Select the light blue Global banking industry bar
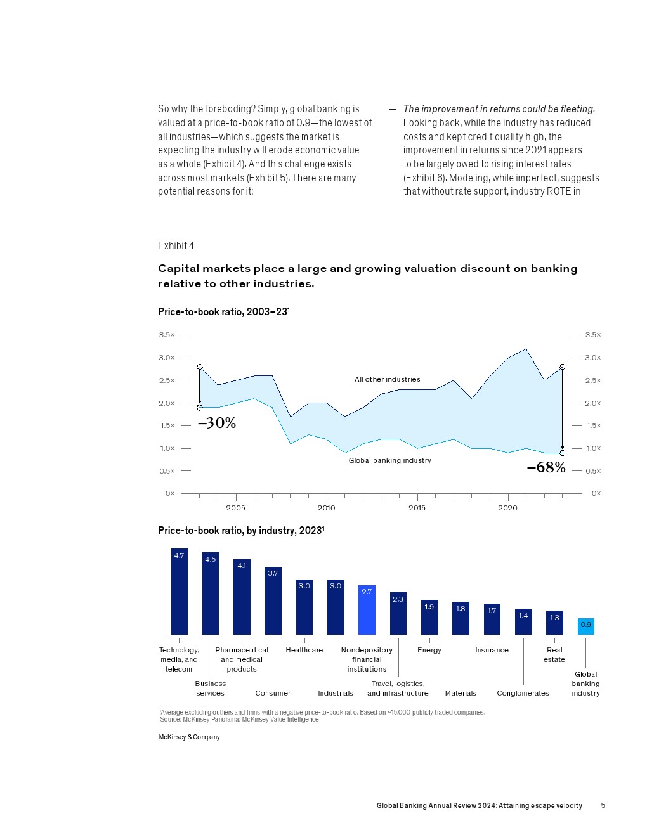(x=585, y=626)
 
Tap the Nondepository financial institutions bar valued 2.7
(x=367, y=609)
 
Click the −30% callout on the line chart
(x=217, y=423)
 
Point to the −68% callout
(x=546, y=467)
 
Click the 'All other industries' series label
(x=387, y=379)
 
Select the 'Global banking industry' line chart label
(x=389, y=460)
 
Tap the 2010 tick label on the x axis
(x=326, y=508)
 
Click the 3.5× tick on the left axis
(x=167, y=335)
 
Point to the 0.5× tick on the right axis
(x=593, y=471)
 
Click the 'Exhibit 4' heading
(x=176, y=245)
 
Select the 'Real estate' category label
(x=554, y=654)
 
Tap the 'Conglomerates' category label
(x=523, y=693)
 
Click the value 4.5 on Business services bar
(x=211, y=559)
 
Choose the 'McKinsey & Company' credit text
(x=189, y=737)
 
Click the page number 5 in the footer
(x=603, y=805)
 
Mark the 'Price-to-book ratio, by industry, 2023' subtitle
(x=241, y=530)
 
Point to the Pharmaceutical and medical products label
(x=242, y=659)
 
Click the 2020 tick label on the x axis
(x=507, y=508)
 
